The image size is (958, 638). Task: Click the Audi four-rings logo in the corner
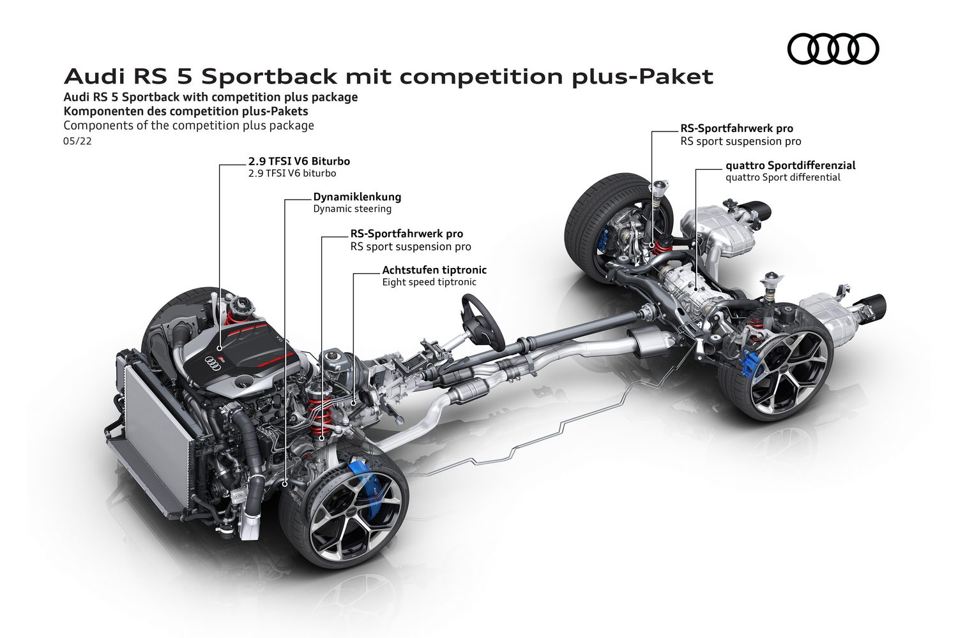point(833,48)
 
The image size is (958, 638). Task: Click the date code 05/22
point(77,141)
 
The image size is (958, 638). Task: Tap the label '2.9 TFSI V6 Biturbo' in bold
point(299,161)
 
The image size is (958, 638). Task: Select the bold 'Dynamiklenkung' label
point(357,197)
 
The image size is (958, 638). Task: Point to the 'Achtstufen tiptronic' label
point(434,270)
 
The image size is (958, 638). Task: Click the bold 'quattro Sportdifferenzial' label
point(791,165)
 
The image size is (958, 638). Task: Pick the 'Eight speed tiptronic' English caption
point(429,282)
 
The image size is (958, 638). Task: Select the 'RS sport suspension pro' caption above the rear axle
point(741,142)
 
